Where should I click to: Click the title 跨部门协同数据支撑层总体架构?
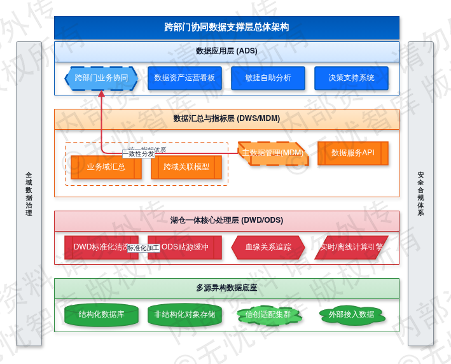coord(226,27)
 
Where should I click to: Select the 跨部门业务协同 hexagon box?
coord(101,78)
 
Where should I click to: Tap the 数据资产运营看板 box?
coord(184,78)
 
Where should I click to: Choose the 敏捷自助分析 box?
coord(268,78)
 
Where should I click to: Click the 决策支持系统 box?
coord(351,78)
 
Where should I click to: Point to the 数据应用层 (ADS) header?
coord(226,52)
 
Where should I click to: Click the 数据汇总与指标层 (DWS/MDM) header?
coord(226,119)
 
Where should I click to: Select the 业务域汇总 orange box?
coord(106,167)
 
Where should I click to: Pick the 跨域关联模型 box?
coord(186,167)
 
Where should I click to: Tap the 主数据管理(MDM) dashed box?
coord(273,153)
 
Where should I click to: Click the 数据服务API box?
coord(352,153)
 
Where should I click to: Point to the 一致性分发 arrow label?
coord(139,154)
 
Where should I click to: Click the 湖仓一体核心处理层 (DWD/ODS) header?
coord(226,221)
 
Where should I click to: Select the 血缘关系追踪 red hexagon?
coord(268,248)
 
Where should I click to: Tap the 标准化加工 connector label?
coord(143,248)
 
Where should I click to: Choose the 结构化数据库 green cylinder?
coord(101,314)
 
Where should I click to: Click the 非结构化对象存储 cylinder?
coord(184,314)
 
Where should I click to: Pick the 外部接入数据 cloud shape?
coord(351,314)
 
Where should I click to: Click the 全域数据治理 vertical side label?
coord(29,193)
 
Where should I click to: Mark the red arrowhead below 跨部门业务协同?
coord(101,94)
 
